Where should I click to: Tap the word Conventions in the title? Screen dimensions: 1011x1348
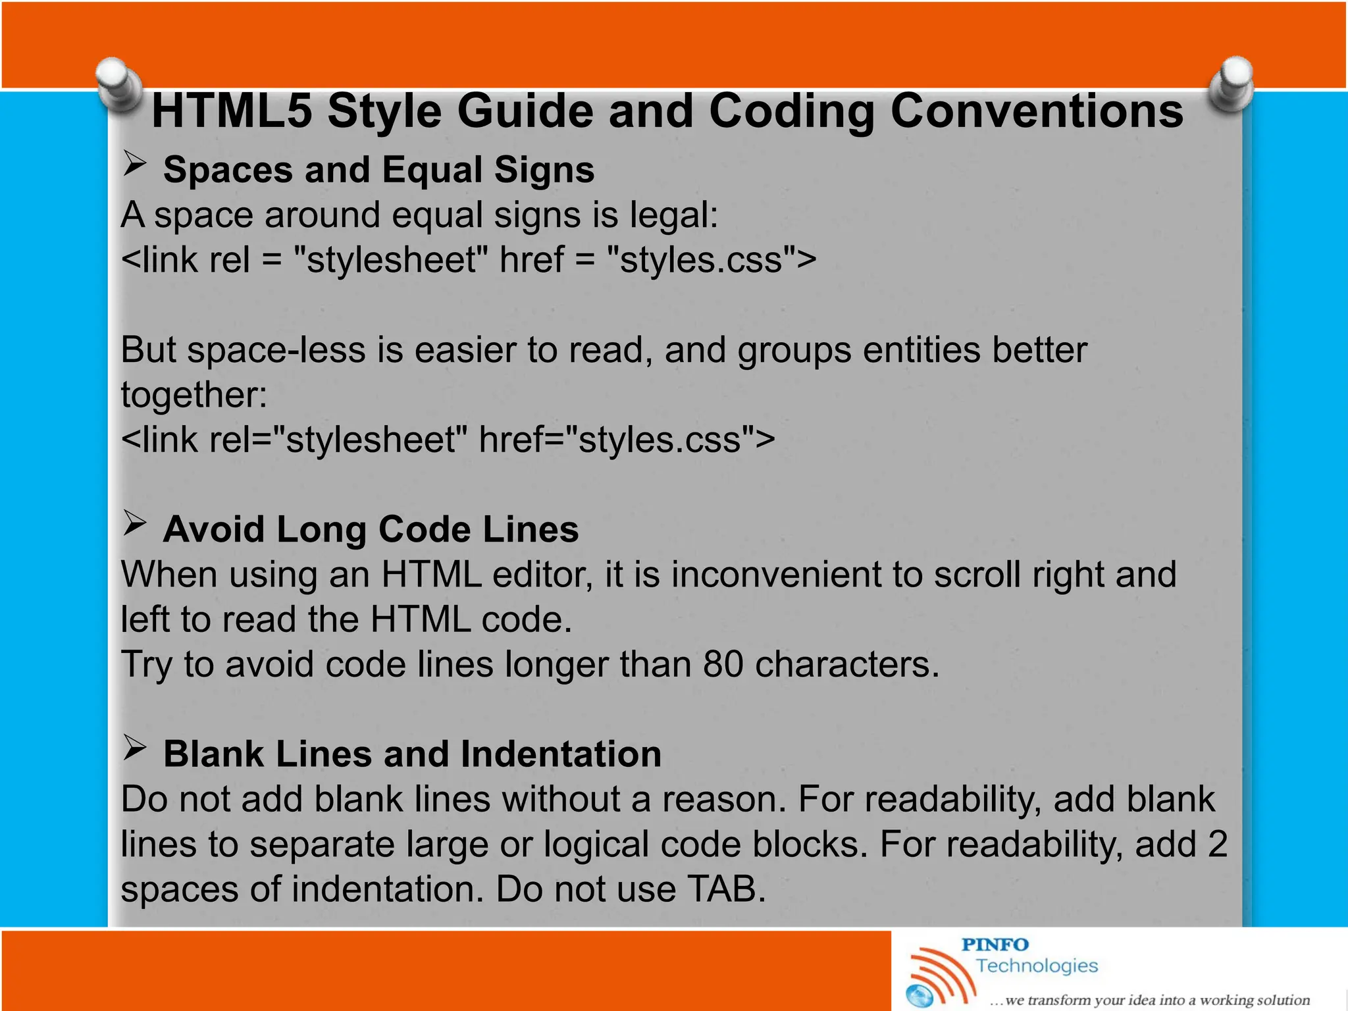click(1036, 111)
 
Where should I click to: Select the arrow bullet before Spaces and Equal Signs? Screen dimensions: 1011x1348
click(134, 164)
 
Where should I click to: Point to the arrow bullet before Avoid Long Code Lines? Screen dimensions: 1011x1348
click(134, 524)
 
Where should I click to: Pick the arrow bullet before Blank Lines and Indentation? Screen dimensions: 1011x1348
click(134, 748)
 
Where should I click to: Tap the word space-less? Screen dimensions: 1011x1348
click(276, 350)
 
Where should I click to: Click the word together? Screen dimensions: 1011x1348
click(194, 395)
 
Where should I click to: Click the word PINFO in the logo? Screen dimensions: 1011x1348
click(995, 945)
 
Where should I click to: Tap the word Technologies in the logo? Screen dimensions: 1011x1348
click(1037, 966)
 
